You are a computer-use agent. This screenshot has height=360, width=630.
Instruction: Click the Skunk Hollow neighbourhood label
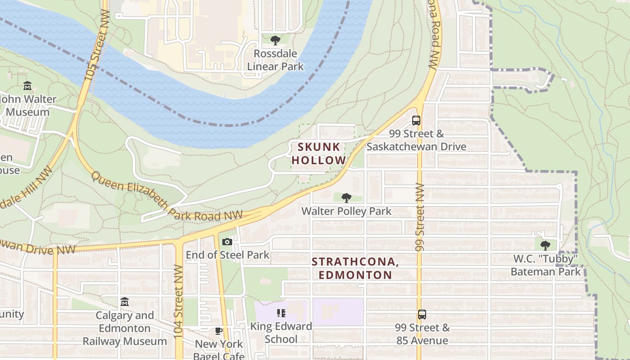click(x=319, y=153)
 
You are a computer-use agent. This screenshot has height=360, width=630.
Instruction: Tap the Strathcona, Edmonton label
click(x=355, y=268)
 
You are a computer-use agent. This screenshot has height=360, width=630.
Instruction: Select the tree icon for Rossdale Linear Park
click(x=275, y=40)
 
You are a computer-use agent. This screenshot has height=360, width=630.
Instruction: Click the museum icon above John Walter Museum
click(x=27, y=85)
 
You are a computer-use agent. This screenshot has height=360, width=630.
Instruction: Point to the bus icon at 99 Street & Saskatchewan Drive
click(x=416, y=121)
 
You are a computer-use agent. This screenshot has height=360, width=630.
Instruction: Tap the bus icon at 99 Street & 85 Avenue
click(x=422, y=315)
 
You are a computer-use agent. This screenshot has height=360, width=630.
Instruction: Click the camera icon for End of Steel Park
click(x=227, y=242)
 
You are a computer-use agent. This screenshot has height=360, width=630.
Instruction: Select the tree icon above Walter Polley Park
click(x=346, y=198)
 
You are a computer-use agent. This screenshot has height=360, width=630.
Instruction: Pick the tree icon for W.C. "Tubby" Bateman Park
click(x=545, y=245)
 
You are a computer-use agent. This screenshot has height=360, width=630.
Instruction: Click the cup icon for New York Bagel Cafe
click(x=219, y=331)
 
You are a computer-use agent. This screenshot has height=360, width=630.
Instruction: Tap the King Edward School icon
click(x=281, y=313)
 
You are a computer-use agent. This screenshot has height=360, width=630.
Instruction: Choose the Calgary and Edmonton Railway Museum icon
click(x=125, y=301)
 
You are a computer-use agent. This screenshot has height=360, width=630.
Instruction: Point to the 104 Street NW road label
click(x=179, y=301)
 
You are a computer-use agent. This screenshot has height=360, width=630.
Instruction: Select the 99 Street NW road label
click(x=419, y=217)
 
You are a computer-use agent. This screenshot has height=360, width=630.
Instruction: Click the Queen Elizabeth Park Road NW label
click(x=166, y=198)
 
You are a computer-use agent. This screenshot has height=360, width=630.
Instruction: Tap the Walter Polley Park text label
click(x=346, y=211)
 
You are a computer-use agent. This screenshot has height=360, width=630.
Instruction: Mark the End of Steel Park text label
click(x=227, y=255)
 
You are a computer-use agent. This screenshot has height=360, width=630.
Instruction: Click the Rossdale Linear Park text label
click(x=275, y=60)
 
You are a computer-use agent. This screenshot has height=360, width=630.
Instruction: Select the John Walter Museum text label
click(x=28, y=105)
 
